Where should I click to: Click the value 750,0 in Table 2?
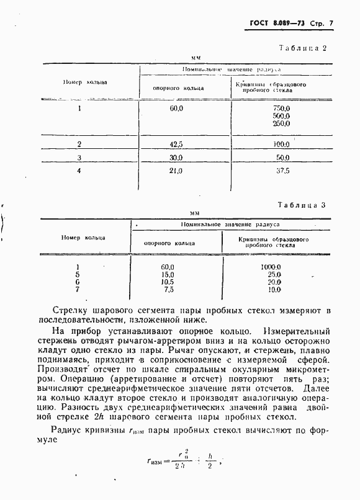pos(281,108)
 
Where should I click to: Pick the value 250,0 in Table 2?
pos(281,123)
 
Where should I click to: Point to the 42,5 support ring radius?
pos(176,145)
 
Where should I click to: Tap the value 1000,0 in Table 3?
pos(271,267)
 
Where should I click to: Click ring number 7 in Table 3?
pos(77,289)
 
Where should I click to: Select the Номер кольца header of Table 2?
pos(85,82)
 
